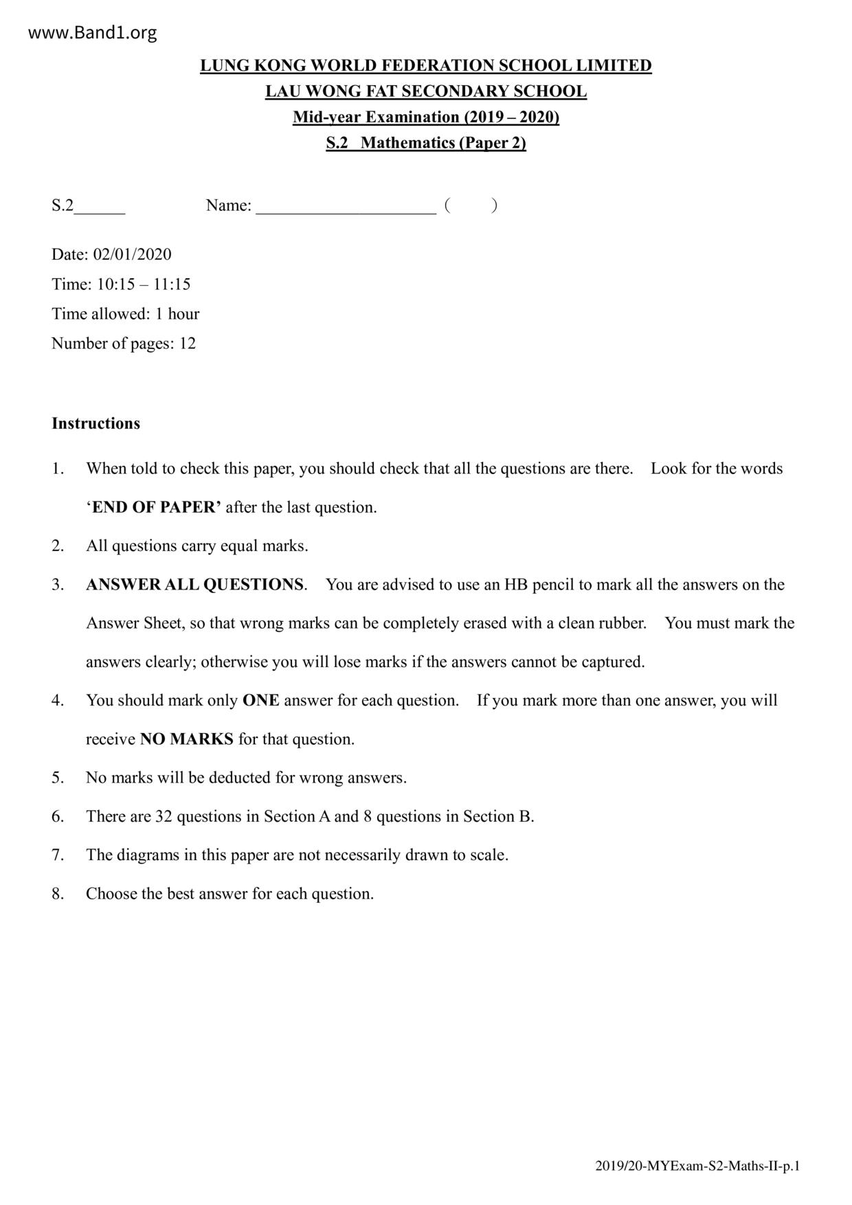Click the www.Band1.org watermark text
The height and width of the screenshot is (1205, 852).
click(93, 32)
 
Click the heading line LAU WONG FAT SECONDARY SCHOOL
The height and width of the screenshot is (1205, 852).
click(426, 91)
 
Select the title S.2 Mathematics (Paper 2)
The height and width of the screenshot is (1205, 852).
click(426, 143)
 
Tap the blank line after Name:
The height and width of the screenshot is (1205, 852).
click(346, 206)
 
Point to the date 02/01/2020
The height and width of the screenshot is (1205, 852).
click(133, 254)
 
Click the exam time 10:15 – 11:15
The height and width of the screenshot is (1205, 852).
click(144, 284)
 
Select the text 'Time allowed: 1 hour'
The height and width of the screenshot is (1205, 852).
click(126, 314)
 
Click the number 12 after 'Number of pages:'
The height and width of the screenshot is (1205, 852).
click(188, 344)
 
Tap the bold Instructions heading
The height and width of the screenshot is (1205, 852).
click(96, 423)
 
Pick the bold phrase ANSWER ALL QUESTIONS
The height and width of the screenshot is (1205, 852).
click(194, 585)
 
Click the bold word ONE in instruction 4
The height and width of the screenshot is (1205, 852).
click(261, 701)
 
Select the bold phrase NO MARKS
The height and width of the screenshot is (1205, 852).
click(187, 739)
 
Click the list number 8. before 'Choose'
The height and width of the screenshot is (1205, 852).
click(58, 894)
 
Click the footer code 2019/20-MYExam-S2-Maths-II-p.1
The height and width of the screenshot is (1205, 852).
click(697, 1166)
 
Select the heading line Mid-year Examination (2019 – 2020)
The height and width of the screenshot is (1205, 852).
click(426, 117)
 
